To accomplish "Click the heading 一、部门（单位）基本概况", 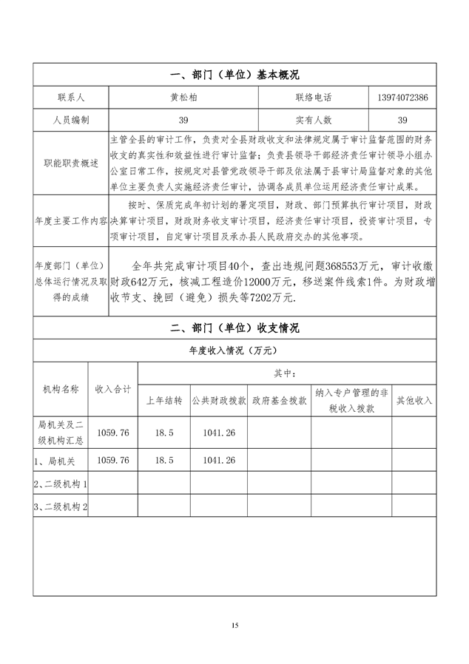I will point(234,75).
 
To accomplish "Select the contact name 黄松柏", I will point(183,97).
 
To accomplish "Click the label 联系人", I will point(71,97).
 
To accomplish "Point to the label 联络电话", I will point(314,97).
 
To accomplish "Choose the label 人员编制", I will point(71,119).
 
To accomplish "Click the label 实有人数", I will point(314,119).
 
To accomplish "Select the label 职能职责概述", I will point(71,163).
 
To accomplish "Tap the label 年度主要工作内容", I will point(71,220).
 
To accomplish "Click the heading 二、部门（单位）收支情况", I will point(234,328).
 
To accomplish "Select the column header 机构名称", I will point(61,389).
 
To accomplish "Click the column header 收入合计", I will point(113,389).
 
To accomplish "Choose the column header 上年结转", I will point(163,401).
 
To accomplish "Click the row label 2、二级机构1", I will point(61,484).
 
